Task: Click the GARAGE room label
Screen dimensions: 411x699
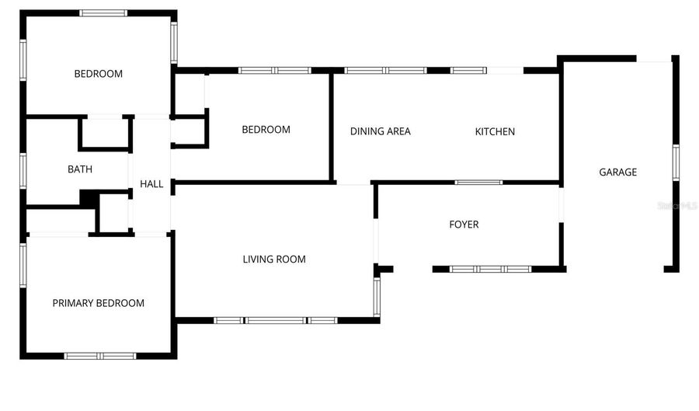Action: (617, 172)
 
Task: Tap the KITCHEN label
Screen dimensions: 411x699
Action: (495, 131)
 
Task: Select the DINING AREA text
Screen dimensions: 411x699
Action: (380, 131)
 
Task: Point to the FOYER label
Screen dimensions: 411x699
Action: (464, 225)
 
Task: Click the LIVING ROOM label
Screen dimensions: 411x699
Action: (274, 259)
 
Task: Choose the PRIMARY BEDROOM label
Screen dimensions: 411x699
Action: (98, 303)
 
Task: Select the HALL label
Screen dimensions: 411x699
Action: (151, 184)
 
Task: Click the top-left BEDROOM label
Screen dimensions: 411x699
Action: (98, 74)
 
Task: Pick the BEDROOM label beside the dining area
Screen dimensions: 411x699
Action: (266, 130)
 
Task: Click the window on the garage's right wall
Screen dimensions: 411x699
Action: (676, 162)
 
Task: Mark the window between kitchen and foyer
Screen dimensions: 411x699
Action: (478, 183)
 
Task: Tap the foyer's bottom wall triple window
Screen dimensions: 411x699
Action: (491, 269)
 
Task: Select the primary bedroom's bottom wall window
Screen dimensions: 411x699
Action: (99, 356)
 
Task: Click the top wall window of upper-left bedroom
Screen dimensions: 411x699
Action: (104, 12)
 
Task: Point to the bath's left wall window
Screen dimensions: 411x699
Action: (23, 170)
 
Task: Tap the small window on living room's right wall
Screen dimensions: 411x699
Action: (377, 297)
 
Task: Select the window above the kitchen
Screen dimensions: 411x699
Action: (469, 71)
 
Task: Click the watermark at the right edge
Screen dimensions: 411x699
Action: (677, 206)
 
